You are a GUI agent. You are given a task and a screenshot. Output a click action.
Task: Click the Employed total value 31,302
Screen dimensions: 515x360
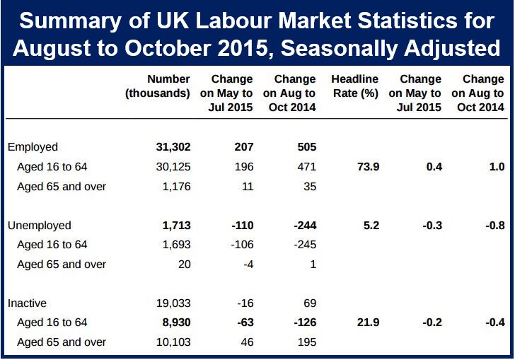coord(173,147)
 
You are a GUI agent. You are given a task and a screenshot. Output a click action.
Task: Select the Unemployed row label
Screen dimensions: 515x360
coord(40,226)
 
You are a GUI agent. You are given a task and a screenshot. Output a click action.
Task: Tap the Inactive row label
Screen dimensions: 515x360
coord(27,303)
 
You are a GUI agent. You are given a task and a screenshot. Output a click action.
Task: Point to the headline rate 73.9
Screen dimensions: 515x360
coord(368,166)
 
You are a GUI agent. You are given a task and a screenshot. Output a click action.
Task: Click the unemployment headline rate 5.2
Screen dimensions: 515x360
coord(371,226)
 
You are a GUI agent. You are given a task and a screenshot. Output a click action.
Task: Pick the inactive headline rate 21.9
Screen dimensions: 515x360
coord(368,323)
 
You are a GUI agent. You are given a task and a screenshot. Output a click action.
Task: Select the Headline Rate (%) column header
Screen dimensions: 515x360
coord(355,86)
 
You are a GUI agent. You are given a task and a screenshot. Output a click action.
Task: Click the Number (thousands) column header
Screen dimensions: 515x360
coord(158,86)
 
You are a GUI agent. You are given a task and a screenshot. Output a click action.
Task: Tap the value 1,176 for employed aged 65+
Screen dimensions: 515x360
coord(177,187)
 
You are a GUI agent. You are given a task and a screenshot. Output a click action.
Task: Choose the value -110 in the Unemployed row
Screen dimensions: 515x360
coord(243,226)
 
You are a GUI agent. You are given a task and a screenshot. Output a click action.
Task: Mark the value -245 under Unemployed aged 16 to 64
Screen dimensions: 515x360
coord(305,245)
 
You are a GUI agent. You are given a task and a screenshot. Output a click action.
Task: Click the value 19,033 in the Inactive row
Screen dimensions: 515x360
coord(173,303)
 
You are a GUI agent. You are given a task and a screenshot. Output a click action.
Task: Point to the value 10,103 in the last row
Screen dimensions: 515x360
coord(173,342)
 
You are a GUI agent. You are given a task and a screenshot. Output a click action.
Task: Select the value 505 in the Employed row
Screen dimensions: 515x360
coord(307,147)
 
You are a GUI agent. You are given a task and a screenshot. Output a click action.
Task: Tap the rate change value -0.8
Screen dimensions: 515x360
coord(495,226)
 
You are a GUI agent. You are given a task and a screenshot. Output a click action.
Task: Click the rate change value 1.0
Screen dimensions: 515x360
coord(497,166)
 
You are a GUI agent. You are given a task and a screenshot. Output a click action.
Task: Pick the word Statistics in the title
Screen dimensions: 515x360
coord(407,21)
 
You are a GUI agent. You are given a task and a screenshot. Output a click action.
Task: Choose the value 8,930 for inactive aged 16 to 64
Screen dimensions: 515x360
coord(176,323)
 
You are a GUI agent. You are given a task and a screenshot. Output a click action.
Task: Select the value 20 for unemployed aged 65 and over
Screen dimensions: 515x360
coord(184,265)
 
